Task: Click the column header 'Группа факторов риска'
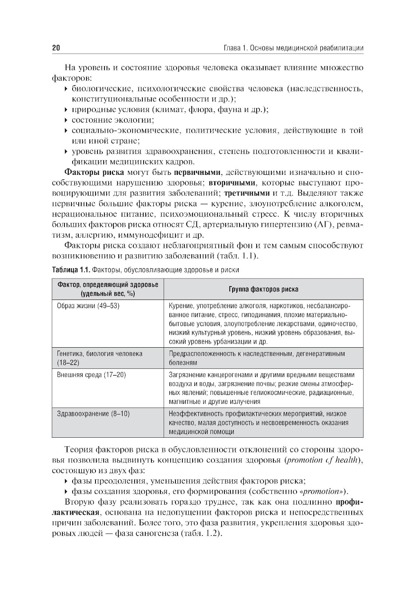(263, 289)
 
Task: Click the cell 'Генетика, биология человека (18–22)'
(100, 358)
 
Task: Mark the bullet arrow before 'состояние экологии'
(67, 120)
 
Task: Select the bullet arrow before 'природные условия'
(67, 110)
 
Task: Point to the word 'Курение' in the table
(181, 306)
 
